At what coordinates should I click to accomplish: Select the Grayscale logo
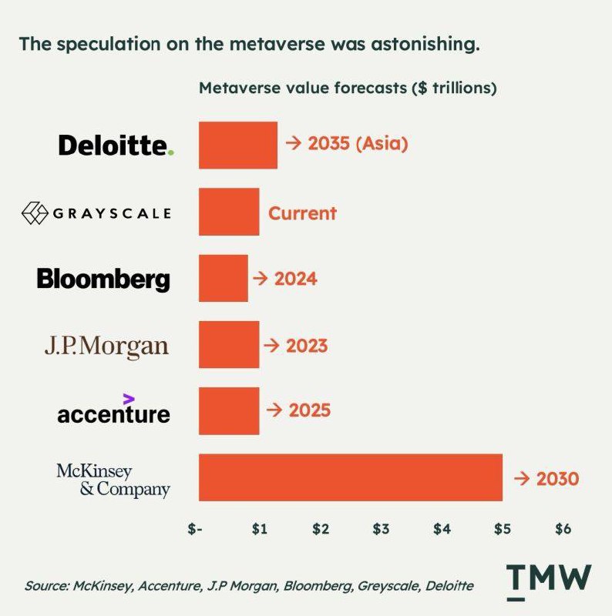[x=96, y=212]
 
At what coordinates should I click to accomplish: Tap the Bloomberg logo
[x=103, y=278]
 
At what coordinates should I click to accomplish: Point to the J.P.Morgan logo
[x=106, y=346]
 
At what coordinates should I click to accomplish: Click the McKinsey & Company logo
[x=113, y=479]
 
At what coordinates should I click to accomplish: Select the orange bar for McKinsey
[x=350, y=477]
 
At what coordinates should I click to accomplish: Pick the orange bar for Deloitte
[x=237, y=144]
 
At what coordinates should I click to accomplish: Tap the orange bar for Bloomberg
[x=223, y=278]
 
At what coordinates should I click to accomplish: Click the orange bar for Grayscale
[x=228, y=212]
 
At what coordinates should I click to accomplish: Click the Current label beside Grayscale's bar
[x=302, y=213]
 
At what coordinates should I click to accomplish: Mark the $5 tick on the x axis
[x=502, y=530]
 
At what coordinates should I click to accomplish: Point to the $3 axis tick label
[x=381, y=530]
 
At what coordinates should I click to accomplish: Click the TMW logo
[x=549, y=581]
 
